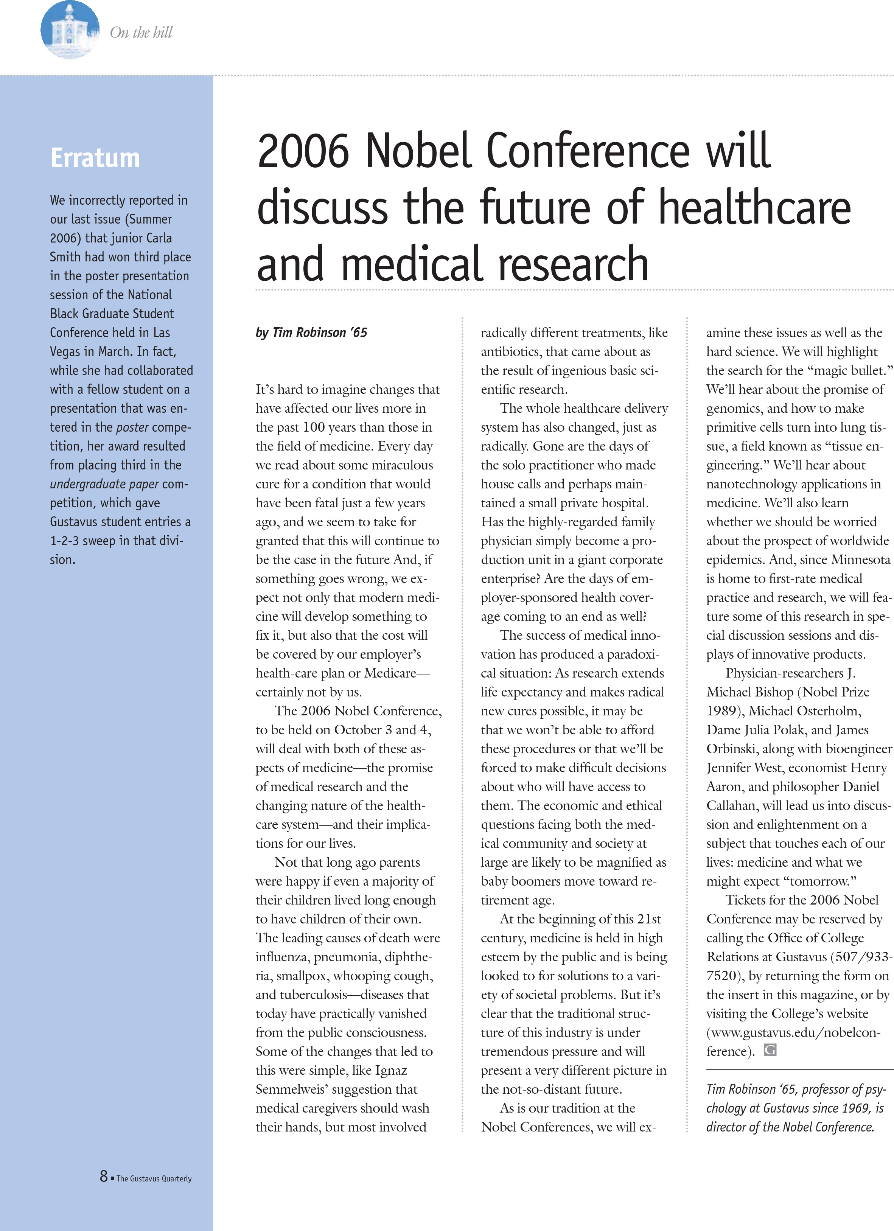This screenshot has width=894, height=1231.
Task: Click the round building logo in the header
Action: pyautogui.click(x=70, y=30)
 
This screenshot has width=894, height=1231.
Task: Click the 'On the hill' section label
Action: pyautogui.click(x=141, y=33)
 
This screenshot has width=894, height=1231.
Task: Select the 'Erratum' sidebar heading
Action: pyautogui.click(x=95, y=158)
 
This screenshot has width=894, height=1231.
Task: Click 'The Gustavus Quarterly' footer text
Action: pyautogui.click(x=154, y=1178)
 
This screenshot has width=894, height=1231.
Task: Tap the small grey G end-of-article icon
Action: pyautogui.click(x=770, y=1050)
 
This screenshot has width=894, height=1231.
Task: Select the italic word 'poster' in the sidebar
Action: pyautogui.click(x=132, y=427)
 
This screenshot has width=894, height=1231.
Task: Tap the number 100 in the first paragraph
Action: pyautogui.click(x=313, y=427)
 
